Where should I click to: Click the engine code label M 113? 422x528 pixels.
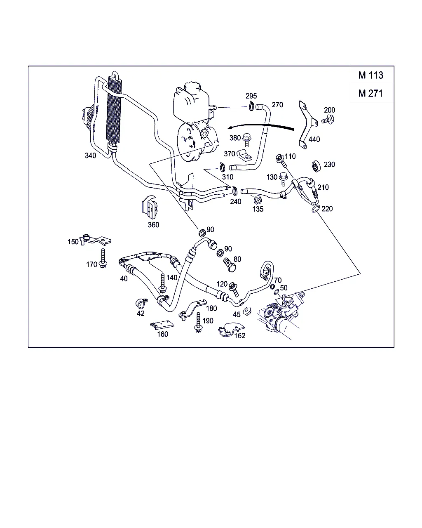click(x=370, y=75)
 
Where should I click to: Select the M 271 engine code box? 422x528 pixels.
click(x=370, y=93)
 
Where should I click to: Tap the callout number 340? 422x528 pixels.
click(x=90, y=156)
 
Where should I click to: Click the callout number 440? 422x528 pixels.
click(x=314, y=139)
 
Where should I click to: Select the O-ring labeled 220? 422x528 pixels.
click(x=314, y=209)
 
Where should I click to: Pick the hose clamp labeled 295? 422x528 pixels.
click(x=251, y=107)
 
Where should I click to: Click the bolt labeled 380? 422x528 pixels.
click(x=247, y=139)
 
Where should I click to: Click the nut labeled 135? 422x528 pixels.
click(x=257, y=200)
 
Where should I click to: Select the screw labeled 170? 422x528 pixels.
click(x=103, y=259)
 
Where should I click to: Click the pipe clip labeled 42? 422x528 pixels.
click(x=140, y=304)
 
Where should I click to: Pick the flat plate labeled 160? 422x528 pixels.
click(x=161, y=325)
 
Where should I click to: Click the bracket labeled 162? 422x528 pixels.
click(x=227, y=329)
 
